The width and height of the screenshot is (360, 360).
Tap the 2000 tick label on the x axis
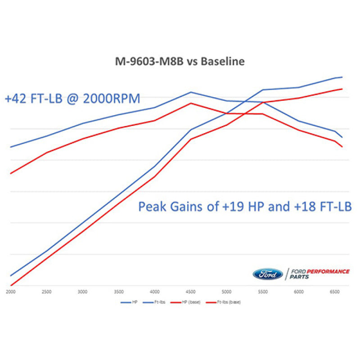coord(10,292)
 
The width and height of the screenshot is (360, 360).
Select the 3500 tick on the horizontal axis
coord(119,292)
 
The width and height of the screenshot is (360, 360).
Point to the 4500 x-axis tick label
coord(191,292)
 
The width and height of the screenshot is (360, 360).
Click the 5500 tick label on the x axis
coord(263,292)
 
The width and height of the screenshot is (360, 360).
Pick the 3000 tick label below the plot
coord(82,292)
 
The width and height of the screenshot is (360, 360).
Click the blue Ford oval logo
coord(268,274)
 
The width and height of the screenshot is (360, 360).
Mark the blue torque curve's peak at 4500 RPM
coord(191,92)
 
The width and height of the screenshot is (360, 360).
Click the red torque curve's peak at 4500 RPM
coord(191,103)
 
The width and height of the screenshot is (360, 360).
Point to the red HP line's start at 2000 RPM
coord(10,285)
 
